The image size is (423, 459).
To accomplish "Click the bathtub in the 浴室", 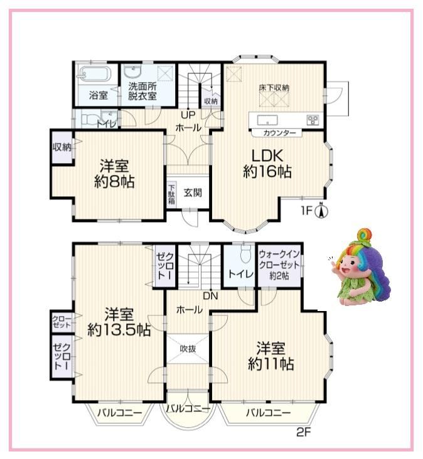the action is pyautogui.click(x=94, y=73).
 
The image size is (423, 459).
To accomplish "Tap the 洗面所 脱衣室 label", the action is pyautogui.click(x=142, y=91).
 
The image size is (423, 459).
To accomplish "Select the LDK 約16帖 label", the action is pyautogui.click(x=267, y=164).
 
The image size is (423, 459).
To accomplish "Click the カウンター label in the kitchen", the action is pyautogui.click(x=279, y=133).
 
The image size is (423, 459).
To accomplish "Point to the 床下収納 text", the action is pyautogui.click(x=274, y=88).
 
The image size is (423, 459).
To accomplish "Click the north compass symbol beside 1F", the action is pyautogui.click(x=321, y=211).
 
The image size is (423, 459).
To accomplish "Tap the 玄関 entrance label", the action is pyautogui.click(x=193, y=193).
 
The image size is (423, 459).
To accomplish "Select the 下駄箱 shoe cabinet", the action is pyautogui.click(x=172, y=193).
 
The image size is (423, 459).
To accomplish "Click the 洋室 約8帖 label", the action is pyautogui.click(x=114, y=174).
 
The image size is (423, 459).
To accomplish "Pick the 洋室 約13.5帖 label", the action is pyautogui.click(x=119, y=322).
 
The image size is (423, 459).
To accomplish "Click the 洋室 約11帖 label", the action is pyautogui.click(x=271, y=356).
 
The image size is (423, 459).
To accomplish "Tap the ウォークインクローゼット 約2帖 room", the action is pyautogui.click(x=279, y=265).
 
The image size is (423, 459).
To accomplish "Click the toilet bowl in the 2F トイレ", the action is pyautogui.click(x=245, y=253).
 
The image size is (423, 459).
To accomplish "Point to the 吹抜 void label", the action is pyautogui.click(x=188, y=349).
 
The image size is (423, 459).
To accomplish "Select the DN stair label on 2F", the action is pyautogui.click(x=211, y=296).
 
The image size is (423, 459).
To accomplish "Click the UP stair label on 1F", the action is pyautogui.click(x=188, y=115).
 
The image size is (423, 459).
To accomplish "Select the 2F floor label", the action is pyautogui.click(x=303, y=432).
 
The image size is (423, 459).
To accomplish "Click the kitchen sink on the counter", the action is pyautogui.click(x=267, y=120).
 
